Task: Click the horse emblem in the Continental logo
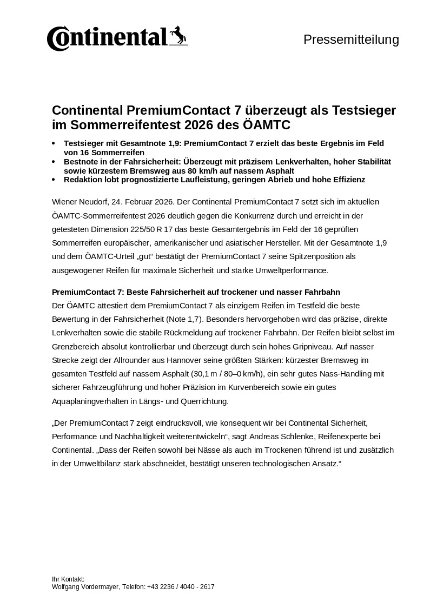click(x=178, y=35)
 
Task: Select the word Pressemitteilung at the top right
click(x=351, y=39)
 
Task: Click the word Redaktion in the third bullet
click(x=82, y=179)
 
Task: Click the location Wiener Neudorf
click(x=79, y=202)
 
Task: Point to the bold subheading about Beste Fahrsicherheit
click(x=196, y=292)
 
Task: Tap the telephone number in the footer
click(x=181, y=586)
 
